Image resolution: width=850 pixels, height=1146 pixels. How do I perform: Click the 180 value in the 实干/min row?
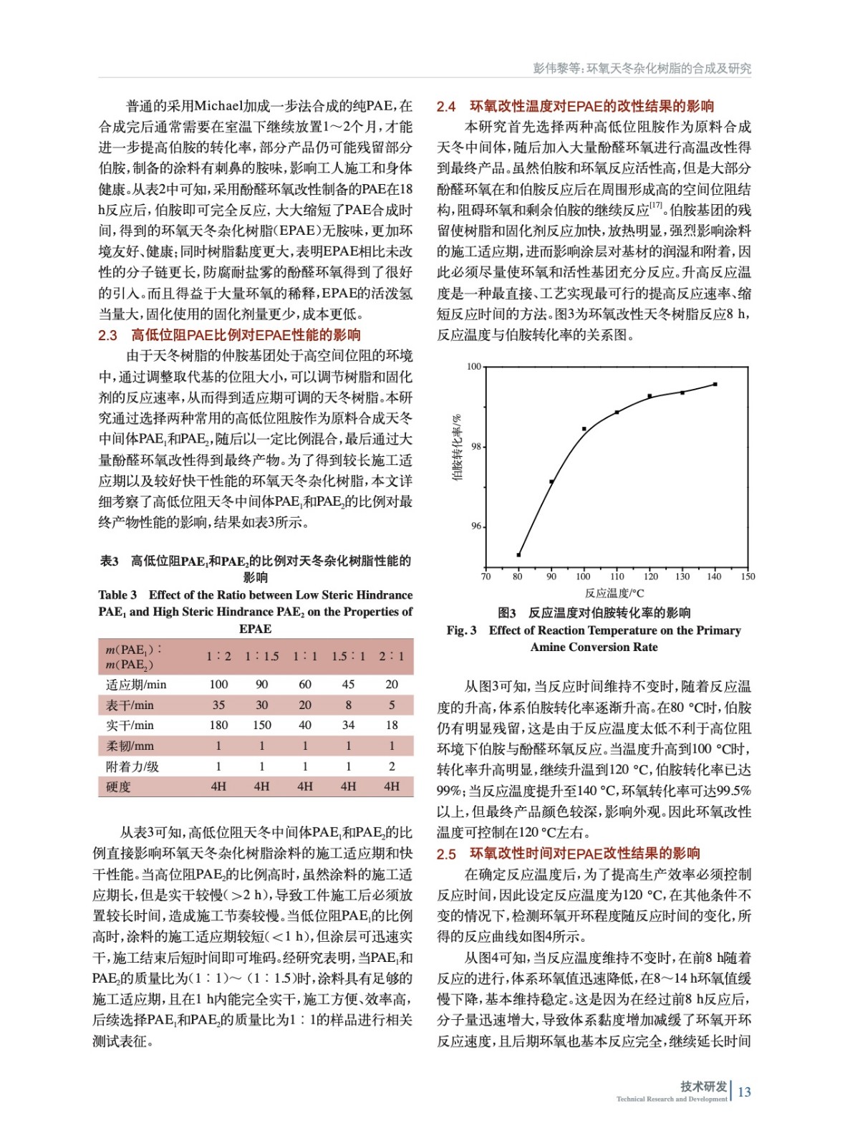(x=218, y=725)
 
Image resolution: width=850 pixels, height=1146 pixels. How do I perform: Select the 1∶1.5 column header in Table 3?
(x=262, y=656)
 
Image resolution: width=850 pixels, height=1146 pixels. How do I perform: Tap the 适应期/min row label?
(x=136, y=684)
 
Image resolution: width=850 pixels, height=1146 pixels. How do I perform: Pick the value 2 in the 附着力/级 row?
(x=392, y=766)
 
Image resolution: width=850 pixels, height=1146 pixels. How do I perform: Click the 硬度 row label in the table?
(x=119, y=786)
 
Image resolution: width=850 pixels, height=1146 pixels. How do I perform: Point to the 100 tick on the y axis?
(x=474, y=367)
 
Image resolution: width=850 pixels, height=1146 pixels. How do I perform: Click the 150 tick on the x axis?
(x=748, y=576)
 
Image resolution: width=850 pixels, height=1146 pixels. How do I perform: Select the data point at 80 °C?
(x=518, y=555)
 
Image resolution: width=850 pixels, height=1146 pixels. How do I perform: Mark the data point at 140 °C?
(x=715, y=385)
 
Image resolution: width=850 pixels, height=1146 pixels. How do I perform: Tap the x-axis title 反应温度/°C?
(x=614, y=593)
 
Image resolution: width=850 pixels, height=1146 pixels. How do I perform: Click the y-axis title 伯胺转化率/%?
(x=456, y=447)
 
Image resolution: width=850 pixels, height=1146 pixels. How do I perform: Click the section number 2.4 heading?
(x=446, y=107)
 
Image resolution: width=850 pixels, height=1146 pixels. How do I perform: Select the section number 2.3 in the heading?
(x=107, y=335)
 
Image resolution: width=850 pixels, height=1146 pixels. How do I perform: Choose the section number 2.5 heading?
(x=446, y=854)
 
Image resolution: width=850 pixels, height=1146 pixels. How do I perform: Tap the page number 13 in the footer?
(x=744, y=1092)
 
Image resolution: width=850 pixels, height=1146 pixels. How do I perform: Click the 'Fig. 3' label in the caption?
(x=461, y=630)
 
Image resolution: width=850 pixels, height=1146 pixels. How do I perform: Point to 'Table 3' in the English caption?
(x=117, y=595)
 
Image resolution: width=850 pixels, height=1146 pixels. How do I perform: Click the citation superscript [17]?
(x=656, y=206)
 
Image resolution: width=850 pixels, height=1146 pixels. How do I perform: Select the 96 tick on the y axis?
(x=476, y=526)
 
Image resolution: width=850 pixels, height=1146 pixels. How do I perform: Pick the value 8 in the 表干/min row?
(x=349, y=705)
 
